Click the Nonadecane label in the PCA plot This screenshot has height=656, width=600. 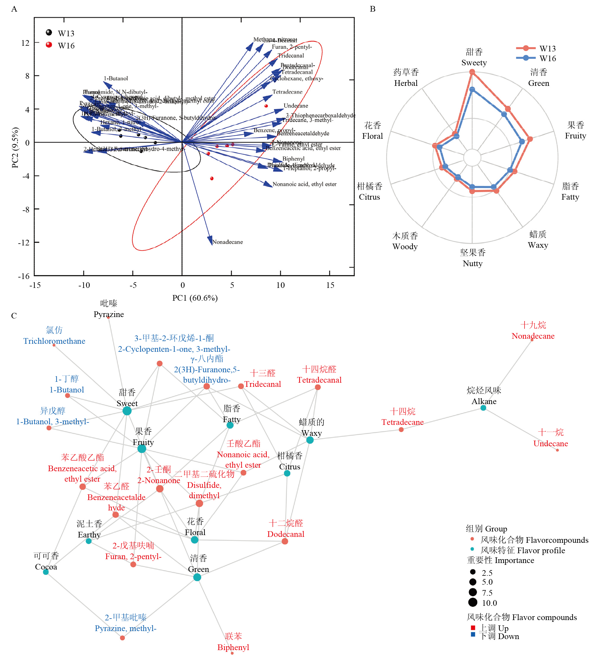(228, 242)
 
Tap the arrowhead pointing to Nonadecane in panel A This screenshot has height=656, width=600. (210, 240)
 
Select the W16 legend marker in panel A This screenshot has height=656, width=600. (49, 45)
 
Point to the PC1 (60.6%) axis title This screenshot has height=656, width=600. (195, 298)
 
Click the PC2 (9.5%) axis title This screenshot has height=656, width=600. (15, 147)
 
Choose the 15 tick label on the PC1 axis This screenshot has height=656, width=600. (330, 286)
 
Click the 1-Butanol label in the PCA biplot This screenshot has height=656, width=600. (116, 78)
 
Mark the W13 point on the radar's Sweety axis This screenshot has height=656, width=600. (472, 72)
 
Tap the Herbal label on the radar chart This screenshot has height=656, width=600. (406, 83)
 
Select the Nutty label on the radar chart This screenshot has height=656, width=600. (473, 264)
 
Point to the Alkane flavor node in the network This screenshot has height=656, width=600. (484, 408)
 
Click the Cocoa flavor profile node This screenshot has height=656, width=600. (46, 572)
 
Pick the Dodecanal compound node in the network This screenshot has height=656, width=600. (285, 541)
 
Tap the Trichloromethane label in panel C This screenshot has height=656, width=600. (54, 341)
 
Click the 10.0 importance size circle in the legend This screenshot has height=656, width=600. (473, 603)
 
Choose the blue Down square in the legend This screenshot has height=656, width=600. (473, 635)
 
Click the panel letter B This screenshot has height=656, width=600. (372, 9)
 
